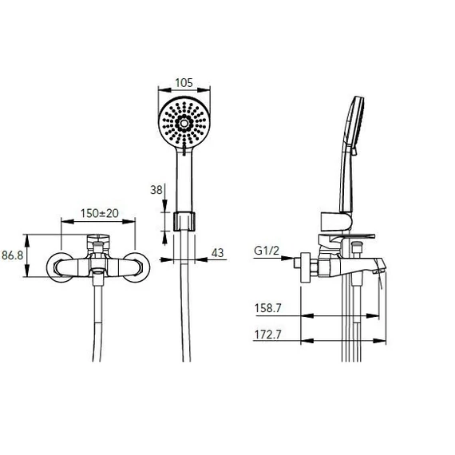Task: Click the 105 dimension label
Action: point(184,83)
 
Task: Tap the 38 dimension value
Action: point(156,190)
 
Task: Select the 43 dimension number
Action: point(218,253)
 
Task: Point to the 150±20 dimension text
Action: point(100,214)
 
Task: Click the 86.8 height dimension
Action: point(13,255)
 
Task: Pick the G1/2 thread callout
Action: point(267,251)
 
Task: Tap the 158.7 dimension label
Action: point(268,308)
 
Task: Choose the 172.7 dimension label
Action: point(268,334)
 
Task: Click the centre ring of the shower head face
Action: point(184,124)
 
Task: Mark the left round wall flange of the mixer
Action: point(60,267)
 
